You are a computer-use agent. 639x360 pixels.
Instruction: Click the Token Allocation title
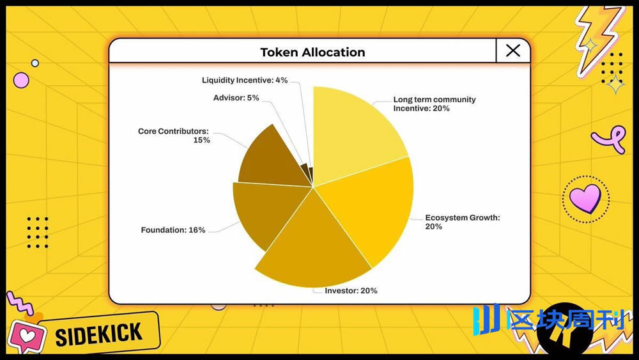tap(312, 52)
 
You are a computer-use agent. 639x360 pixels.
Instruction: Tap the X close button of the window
tap(512, 51)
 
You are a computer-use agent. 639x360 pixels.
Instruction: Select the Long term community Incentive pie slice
tap(355, 128)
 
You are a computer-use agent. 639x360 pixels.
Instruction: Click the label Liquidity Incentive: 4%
tap(245, 81)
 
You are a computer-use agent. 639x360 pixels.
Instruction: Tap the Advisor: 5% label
tap(236, 98)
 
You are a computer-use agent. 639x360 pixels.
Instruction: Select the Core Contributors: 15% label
tap(174, 136)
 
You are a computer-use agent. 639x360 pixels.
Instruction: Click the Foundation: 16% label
tap(173, 230)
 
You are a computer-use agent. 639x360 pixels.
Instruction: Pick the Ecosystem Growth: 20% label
tap(463, 222)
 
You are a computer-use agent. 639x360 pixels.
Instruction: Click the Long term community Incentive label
tap(435, 104)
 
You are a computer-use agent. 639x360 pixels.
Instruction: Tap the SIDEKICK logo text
tap(98, 334)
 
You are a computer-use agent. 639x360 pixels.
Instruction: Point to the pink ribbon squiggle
tap(608, 137)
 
